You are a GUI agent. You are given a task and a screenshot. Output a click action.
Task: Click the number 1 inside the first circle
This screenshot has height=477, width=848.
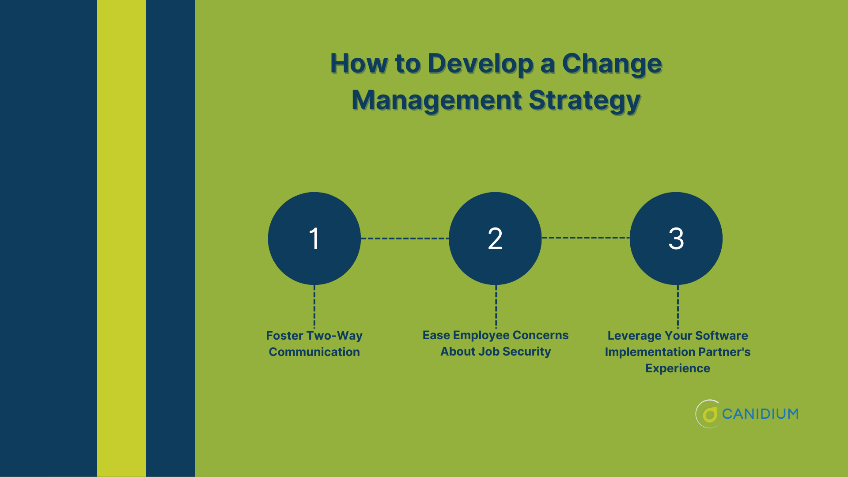click(314, 238)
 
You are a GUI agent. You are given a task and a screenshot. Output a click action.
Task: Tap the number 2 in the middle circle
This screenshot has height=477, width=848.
click(495, 238)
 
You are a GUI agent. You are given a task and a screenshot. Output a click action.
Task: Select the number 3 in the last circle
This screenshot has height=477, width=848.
click(676, 238)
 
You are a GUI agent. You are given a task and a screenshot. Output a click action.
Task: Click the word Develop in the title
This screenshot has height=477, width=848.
click(480, 64)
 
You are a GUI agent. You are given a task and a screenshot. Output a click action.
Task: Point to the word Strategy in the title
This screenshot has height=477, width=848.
click(584, 101)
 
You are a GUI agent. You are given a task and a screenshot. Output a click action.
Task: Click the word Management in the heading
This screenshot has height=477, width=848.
click(436, 100)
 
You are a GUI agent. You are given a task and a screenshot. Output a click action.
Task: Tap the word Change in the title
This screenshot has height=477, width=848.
click(612, 64)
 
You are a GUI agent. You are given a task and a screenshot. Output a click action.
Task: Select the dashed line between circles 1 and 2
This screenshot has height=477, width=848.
click(405, 238)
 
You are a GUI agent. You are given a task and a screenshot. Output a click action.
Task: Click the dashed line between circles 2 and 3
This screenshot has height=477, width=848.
click(585, 238)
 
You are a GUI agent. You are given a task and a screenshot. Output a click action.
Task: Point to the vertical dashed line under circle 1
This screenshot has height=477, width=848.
click(314, 306)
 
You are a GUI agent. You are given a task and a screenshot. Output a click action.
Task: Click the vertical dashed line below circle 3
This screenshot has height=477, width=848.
click(678, 306)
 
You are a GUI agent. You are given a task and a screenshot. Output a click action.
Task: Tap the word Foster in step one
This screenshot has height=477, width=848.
click(284, 336)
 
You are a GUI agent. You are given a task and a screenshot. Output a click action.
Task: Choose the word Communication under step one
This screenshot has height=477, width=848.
click(314, 352)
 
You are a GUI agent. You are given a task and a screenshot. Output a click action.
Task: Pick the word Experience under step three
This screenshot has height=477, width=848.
click(678, 368)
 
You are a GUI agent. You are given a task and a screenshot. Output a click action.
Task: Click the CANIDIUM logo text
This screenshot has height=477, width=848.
click(760, 414)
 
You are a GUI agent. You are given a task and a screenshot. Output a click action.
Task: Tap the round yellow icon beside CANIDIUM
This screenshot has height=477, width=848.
click(709, 414)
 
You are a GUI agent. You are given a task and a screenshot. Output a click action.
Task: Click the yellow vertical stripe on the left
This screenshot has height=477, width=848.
click(121, 238)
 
